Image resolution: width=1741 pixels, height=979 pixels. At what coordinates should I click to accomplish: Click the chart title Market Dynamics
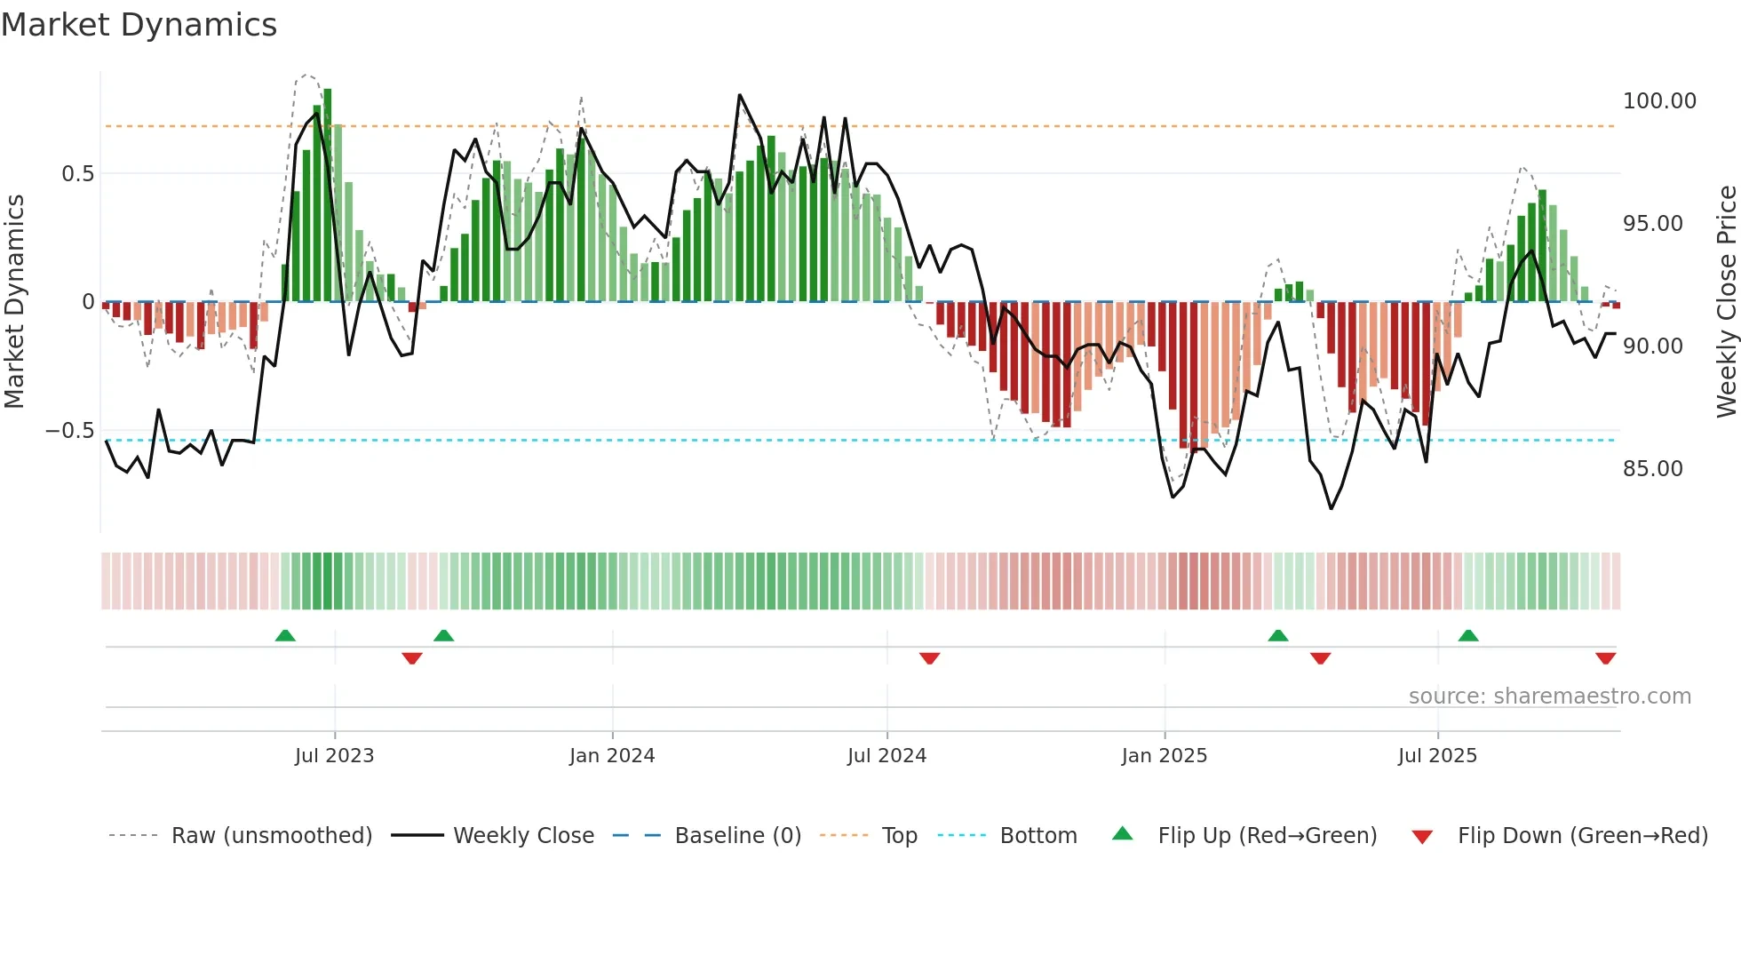[139, 25]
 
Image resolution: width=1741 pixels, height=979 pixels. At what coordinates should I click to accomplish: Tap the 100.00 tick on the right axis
[1658, 101]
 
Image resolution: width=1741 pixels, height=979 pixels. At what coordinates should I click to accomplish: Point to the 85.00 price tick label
[1652, 469]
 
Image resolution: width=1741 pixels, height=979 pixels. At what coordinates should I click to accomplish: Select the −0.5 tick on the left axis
[70, 431]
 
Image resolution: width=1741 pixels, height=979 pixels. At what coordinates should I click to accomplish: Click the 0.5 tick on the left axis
[77, 174]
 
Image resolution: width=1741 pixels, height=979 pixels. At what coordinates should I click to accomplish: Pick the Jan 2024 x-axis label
[611, 756]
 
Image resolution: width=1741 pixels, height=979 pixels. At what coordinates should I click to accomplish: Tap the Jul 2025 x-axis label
[1436, 756]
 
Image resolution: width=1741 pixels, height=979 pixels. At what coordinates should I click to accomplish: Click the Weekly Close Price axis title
[1725, 302]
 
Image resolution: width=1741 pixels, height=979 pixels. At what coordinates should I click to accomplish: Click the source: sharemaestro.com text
[1549, 696]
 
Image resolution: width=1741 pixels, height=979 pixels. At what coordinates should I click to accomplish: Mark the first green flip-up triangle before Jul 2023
[285, 636]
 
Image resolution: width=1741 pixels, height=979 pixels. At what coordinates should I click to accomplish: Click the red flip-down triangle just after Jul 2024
[929, 658]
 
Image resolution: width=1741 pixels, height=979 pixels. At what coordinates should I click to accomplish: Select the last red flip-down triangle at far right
[1605, 658]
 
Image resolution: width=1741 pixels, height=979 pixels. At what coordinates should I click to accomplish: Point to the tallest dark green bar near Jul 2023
[328, 195]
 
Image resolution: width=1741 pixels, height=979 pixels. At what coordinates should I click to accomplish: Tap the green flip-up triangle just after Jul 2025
[1467, 636]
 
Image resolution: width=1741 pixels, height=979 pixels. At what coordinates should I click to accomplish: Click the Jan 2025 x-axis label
[1164, 756]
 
